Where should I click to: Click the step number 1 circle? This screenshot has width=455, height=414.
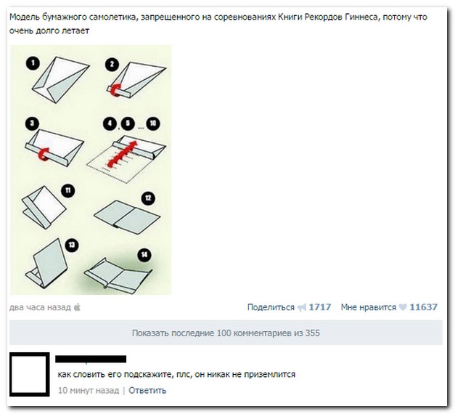click(31, 62)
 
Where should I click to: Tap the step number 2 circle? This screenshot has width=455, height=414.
click(111, 65)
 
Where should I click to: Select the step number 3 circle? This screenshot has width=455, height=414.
click(31, 123)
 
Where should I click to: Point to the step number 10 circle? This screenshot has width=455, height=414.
click(152, 123)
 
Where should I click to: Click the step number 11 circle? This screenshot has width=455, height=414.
click(67, 190)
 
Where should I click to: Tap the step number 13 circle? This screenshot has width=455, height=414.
click(72, 245)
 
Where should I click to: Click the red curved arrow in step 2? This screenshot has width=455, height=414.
click(117, 88)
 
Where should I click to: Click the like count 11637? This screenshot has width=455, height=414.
click(424, 307)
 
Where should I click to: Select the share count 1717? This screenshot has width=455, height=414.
click(320, 307)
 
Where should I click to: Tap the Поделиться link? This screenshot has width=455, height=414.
click(271, 307)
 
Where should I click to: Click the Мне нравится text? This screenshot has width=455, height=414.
click(368, 307)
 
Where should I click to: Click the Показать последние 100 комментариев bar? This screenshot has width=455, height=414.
click(226, 333)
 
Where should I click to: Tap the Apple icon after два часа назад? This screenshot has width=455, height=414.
click(78, 307)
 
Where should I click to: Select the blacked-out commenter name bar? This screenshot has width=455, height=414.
click(91, 359)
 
